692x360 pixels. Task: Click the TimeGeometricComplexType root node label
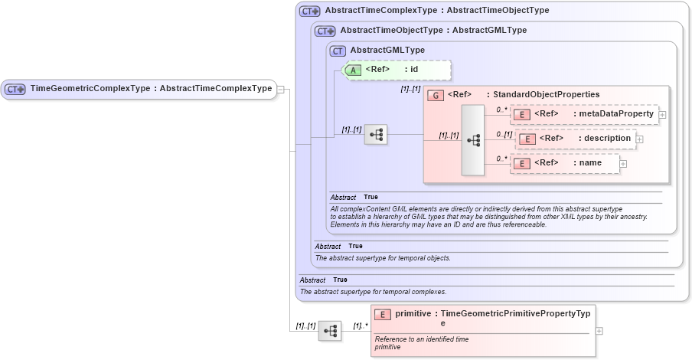coord(150,89)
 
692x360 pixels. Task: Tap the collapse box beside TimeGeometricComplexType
coord(281,89)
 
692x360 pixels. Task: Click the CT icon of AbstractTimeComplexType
coord(309,11)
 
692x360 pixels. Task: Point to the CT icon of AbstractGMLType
coord(338,51)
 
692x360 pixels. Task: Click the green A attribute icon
coord(353,70)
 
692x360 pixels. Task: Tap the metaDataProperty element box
coord(586,114)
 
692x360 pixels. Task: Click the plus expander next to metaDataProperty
coord(662,115)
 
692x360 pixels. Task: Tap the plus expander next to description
coord(639,139)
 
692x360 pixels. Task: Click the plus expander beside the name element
coord(623,164)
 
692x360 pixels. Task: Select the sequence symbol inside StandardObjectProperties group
coord(473,140)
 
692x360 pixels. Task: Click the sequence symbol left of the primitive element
coord(330,331)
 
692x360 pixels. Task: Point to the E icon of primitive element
coord(383,314)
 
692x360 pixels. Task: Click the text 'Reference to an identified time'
coord(422,339)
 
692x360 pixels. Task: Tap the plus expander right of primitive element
coord(599,331)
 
